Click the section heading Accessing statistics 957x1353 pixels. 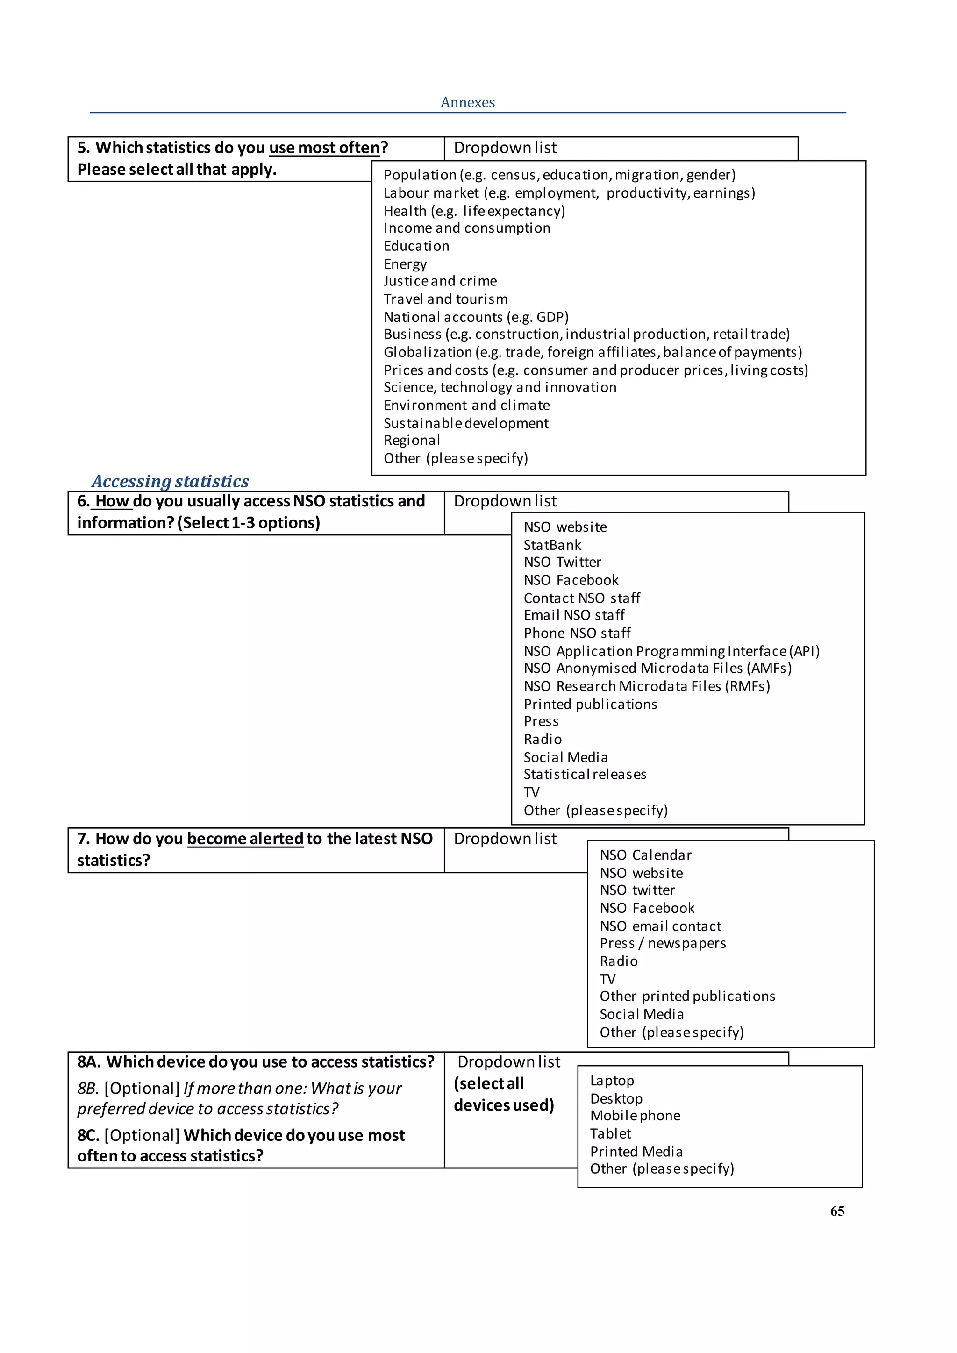point(170,482)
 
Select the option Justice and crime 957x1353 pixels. point(440,281)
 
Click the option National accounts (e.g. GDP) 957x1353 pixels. point(476,317)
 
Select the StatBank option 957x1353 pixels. point(552,545)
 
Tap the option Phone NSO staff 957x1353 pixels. point(577,634)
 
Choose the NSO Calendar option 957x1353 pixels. point(645,855)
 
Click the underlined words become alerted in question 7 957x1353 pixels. point(245,839)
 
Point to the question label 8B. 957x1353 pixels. point(88,1089)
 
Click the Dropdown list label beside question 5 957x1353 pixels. point(505,148)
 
